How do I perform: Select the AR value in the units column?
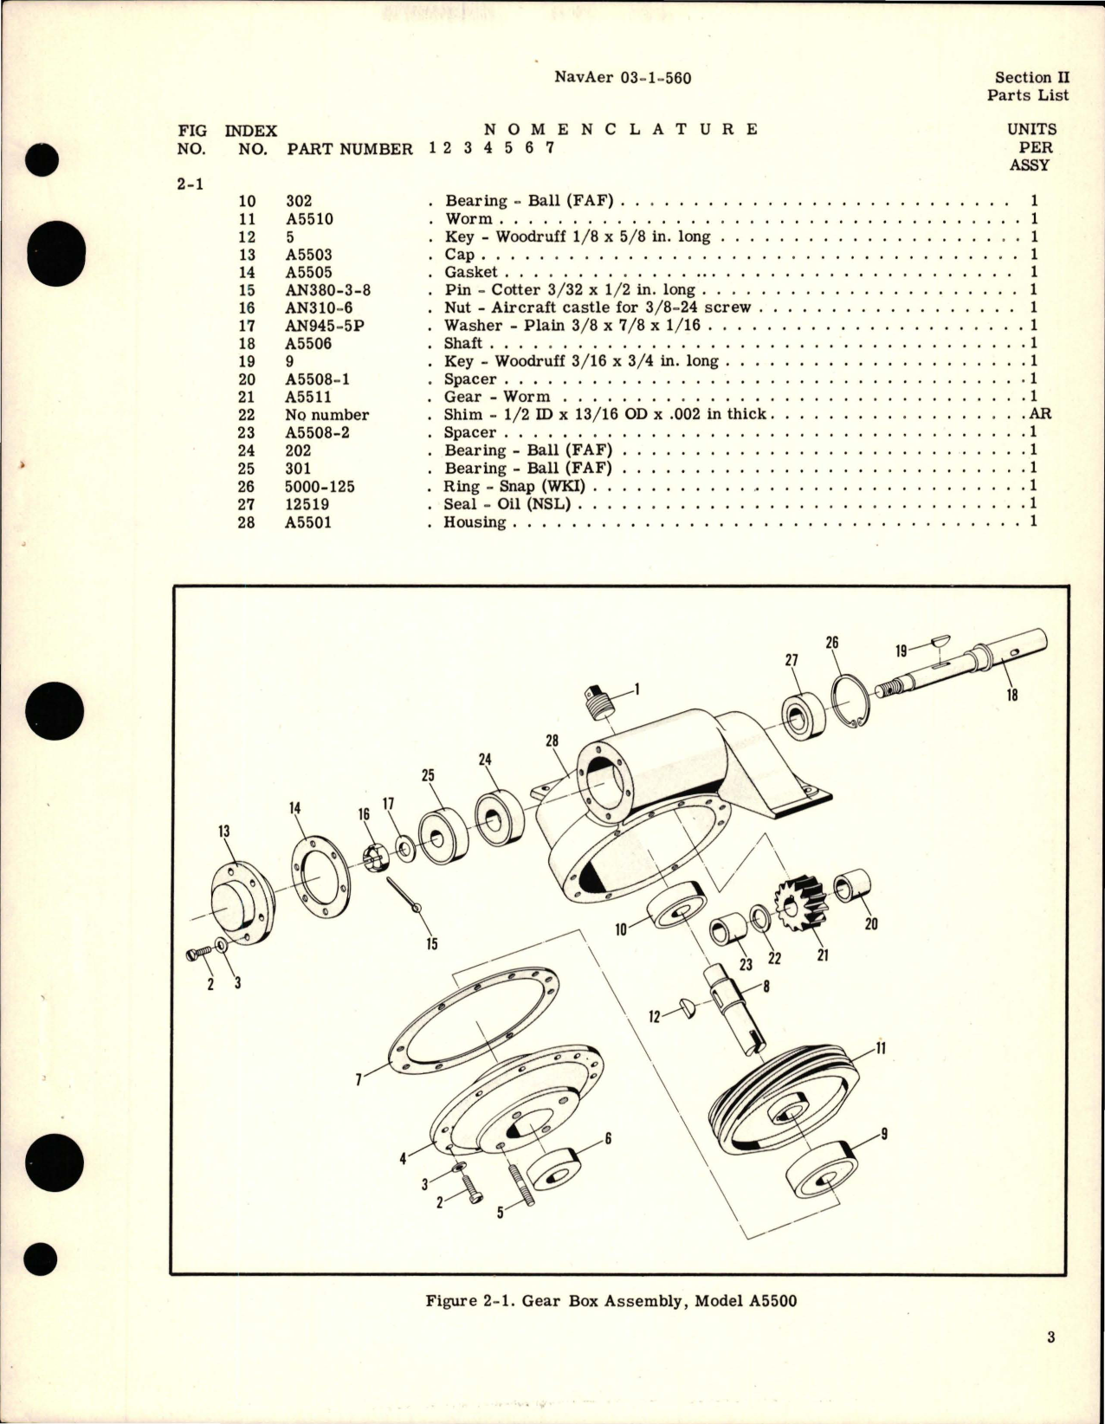coord(1040,414)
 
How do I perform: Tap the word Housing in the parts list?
coord(475,522)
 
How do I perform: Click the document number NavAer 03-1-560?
coord(622,78)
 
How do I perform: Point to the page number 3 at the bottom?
coord(1050,1362)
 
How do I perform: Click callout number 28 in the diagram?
coord(552,741)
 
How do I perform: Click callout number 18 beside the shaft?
coord(1012,694)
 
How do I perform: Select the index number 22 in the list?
coord(247,415)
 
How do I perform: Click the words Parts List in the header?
coord(1028,95)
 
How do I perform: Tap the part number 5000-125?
coord(320,487)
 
